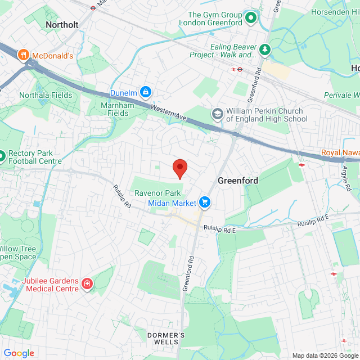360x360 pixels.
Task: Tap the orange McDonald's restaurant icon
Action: tap(23, 55)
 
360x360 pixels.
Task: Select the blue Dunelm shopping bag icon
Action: tap(146, 91)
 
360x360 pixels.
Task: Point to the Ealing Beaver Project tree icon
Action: tap(264, 51)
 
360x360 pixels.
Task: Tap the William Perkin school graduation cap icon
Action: tap(217, 115)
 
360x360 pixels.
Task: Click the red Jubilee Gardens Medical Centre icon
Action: tap(87, 283)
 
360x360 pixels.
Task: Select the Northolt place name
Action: tap(60, 25)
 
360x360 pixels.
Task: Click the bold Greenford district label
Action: tap(238, 181)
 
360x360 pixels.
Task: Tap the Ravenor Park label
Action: tap(157, 192)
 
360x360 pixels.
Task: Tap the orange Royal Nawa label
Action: tap(340, 152)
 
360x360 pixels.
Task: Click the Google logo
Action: tap(18, 353)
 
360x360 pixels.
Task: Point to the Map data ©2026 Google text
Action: tap(325, 355)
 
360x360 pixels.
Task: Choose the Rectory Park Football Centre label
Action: tap(34, 157)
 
